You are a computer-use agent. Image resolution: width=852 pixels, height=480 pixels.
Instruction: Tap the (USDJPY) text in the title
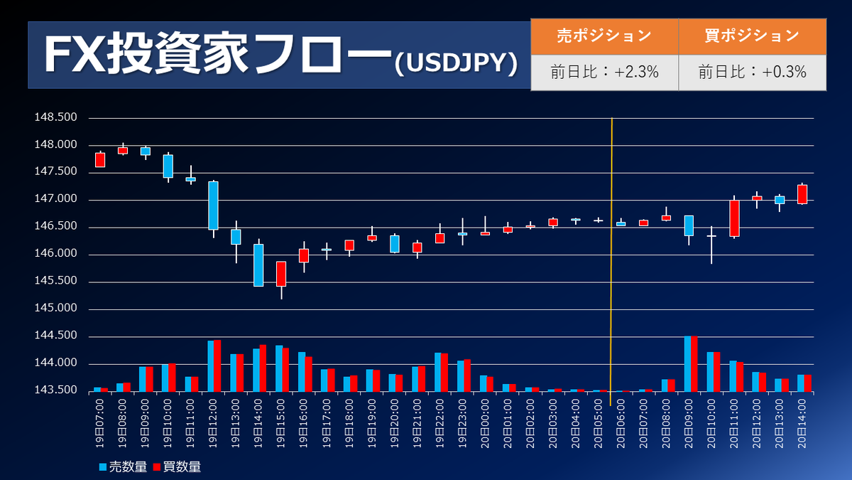(x=454, y=63)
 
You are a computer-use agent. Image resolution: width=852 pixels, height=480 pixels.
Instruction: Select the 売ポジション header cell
(x=603, y=36)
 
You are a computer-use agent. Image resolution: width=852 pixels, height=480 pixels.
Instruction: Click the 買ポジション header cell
(x=752, y=36)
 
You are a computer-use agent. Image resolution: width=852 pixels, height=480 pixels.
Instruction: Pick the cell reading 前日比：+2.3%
(x=603, y=72)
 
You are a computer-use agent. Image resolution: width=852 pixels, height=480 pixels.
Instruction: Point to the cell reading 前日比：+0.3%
(x=752, y=72)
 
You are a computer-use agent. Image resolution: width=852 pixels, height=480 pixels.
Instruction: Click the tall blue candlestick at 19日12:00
(x=213, y=206)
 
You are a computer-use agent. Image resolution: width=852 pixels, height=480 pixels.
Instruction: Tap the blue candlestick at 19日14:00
(x=258, y=265)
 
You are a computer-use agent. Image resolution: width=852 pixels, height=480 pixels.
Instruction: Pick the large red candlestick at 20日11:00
(x=734, y=218)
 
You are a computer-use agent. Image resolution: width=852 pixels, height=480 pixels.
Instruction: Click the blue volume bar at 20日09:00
(x=687, y=363)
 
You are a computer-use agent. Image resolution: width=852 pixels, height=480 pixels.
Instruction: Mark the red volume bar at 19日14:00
(x=263, y=368)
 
